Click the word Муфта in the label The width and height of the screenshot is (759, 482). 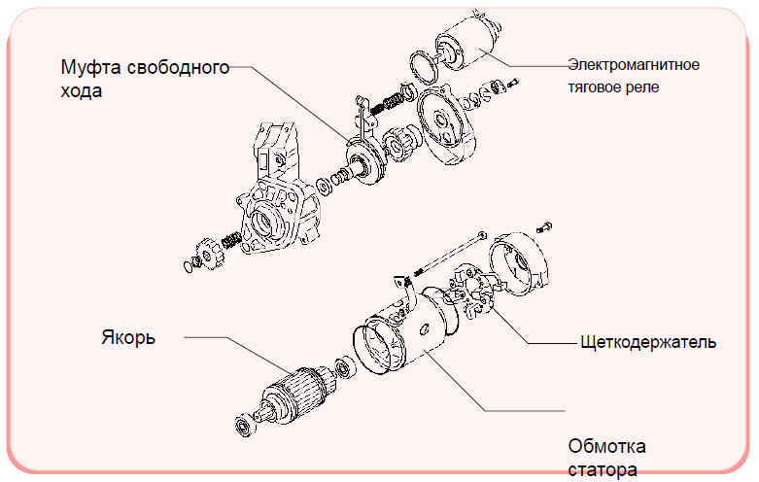coord(90,67)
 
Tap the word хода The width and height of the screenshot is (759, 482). coord(82,91)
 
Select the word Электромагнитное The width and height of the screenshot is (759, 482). coord(634,65)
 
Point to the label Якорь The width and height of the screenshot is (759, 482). coord(128,337)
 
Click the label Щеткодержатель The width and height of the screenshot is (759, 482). coord(648,342)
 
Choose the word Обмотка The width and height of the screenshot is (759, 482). coord(606,446)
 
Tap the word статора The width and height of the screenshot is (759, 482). coord(603,469)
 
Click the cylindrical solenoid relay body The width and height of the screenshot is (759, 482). coord(467,42)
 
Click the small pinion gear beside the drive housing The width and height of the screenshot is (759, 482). coord(209,256)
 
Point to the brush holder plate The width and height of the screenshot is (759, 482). coord(472,292)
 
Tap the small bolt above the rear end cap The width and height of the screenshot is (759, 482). coord(544,226)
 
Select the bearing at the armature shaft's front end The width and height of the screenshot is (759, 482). coord(246,426)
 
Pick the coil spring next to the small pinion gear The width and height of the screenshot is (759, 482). coord(231,240)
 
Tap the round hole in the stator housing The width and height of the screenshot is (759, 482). coord(425,328)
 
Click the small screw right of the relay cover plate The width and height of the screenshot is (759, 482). coord(512,84)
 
